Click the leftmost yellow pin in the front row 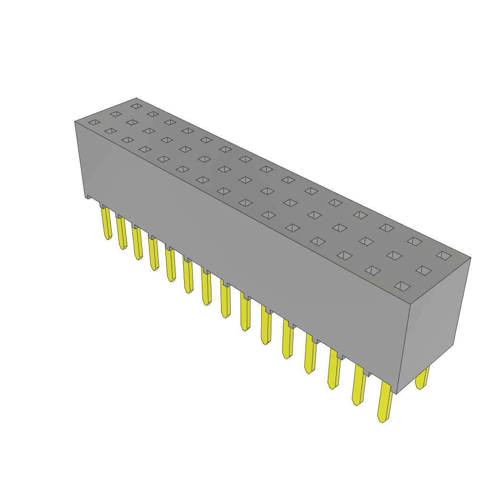106,222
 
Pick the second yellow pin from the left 122,233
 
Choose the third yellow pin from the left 138,243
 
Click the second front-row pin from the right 359,385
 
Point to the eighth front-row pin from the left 225,298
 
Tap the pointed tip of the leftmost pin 108,237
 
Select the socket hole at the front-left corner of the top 94,122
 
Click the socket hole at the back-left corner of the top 137,106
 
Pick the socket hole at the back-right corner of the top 444,256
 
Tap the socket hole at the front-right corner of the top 402,286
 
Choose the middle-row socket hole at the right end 423,270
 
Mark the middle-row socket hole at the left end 116,114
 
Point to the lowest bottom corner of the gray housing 397,394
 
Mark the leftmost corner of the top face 76,122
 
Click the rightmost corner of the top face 470,258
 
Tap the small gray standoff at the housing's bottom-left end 88,196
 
